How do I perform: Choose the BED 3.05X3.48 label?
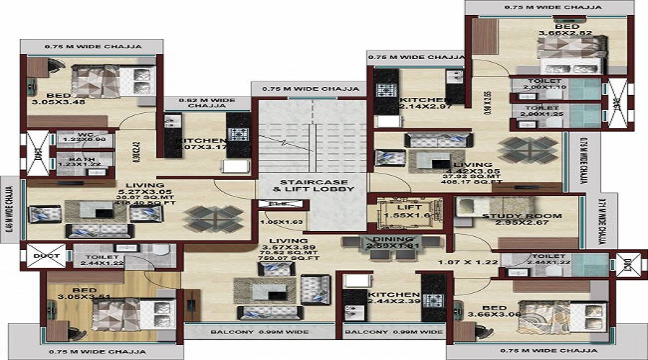coord(58,100)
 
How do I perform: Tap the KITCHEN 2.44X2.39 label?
coord(394,300)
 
